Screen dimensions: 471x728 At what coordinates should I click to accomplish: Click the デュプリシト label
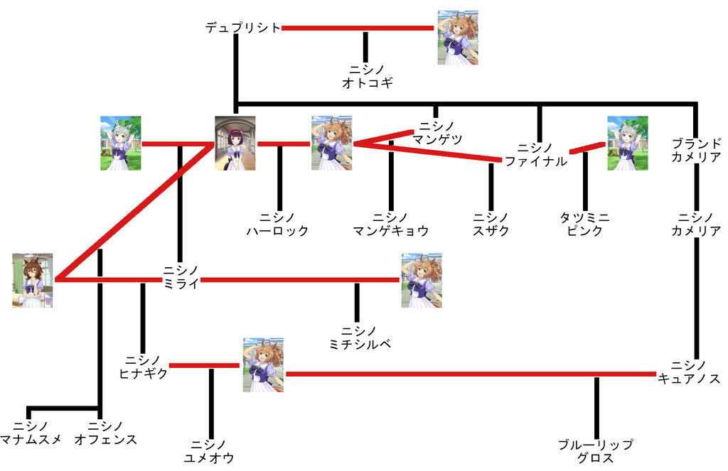[242, 28]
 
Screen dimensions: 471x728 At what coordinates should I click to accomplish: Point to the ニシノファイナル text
[537, 155]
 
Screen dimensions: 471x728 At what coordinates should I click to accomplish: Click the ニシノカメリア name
[696, 224]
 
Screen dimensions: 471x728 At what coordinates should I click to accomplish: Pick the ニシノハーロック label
[278, 224]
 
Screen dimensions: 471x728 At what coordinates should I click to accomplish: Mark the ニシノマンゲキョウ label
[391, 224]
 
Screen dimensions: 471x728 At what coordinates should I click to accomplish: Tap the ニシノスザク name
[491, 224]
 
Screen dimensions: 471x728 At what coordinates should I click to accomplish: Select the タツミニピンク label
[584, 224]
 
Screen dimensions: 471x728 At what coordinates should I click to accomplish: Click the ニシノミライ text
[180, 275]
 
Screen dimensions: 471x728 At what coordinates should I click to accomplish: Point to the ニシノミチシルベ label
[358, 338]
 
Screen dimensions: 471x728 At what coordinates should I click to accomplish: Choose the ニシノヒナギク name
[143, 367]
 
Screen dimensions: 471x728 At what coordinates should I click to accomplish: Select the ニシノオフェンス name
[105, 433]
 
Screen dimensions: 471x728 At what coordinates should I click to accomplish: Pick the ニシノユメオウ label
[209, 451]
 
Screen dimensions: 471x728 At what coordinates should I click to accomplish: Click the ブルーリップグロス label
[596, 451]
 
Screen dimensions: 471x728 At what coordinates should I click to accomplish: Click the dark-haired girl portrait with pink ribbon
[235, 144]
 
